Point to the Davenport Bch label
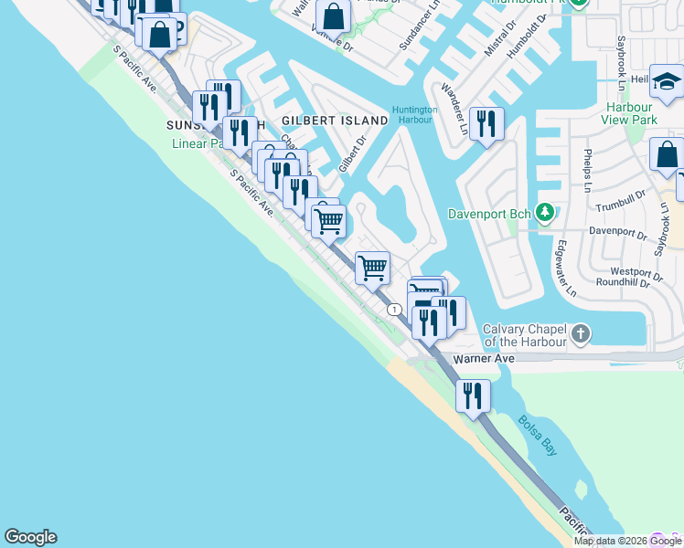click(x=490, y=215)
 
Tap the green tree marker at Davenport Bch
click(x=546, y=214)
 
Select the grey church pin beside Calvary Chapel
click(x=580, y=334)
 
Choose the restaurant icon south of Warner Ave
click(x=473, y=395)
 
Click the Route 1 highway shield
click(x=393, y=310)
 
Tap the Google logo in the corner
click(x=30, y=537)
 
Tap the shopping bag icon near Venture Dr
click(x=334, y=16)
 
